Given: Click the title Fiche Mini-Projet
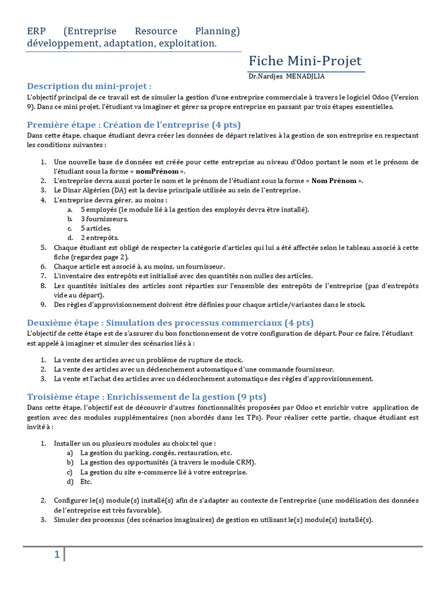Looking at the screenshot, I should [x=305, y=61].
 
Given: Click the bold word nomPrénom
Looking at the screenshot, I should [x=157, y=171].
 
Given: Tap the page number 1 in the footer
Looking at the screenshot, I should [x=57, y=555].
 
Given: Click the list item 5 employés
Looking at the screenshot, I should [x=195, y=209].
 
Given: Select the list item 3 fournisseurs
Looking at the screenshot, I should [x=105, y=219].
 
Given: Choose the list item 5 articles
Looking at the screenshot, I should [x=96, y=228].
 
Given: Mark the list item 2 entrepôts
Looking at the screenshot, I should [x=100, y=238].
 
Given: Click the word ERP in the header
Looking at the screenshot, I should [x=36, y=31].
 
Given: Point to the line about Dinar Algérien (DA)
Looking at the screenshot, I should [x=177, y=190].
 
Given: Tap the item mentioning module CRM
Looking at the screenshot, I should [x=168, y=463].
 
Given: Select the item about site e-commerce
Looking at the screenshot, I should [x=164, y=472].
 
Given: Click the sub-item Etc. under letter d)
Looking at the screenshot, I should [x=86, y=482].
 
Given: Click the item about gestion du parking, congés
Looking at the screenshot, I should [x=156, y=453].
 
